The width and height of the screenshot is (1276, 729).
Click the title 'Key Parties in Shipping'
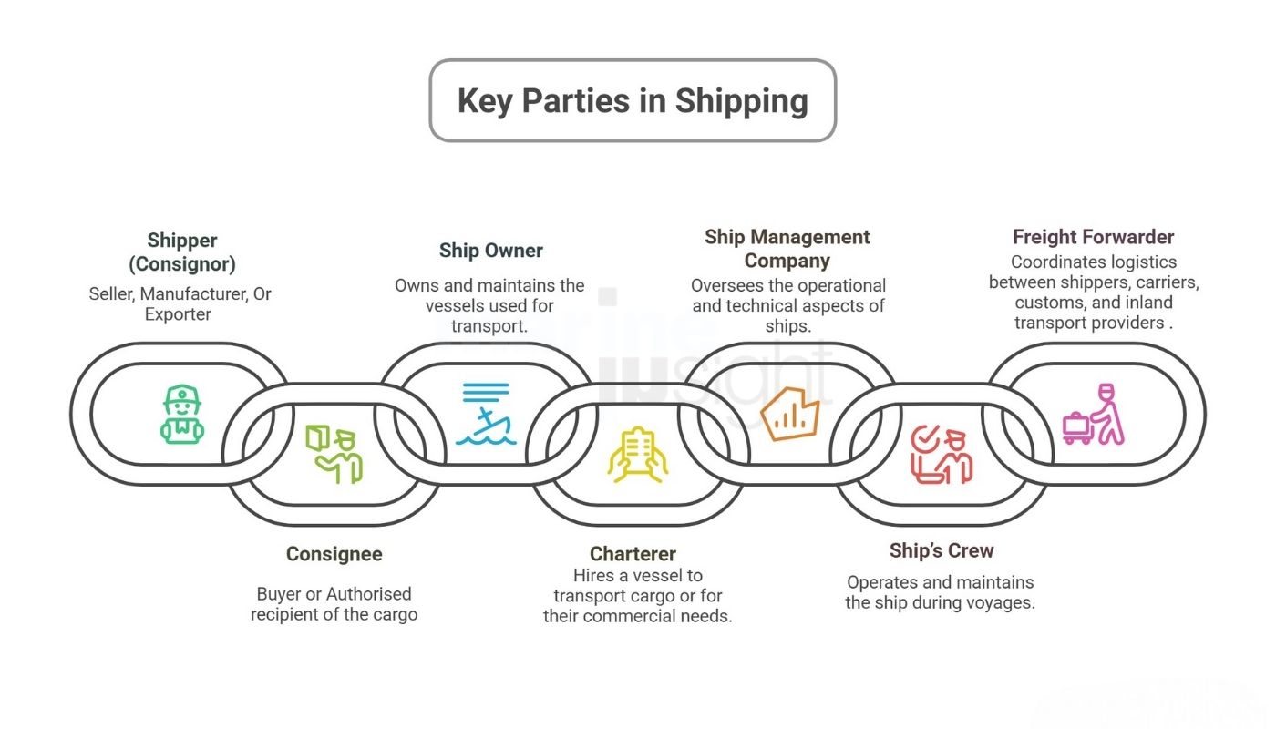[x=633, y=100]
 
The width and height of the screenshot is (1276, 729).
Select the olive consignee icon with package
[x=333, y=453]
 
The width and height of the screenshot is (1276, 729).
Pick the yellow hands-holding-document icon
[x=637, y=454]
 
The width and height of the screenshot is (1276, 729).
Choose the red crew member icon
[x=942, y=454]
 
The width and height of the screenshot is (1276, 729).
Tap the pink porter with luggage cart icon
[x=1094, y=415]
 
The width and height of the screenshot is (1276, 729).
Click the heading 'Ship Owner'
[x=490, y=251]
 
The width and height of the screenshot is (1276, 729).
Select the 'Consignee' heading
[x=334, y=554]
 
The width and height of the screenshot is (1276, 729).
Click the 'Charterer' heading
[x=633, y=554]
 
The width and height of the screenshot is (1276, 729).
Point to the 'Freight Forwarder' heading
[x=1093, y=237]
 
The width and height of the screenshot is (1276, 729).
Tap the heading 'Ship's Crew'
[x=941, y=550]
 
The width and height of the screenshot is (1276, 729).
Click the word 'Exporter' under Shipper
[x=178, y=314]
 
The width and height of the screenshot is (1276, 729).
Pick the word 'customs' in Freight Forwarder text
[x=1046, y=302]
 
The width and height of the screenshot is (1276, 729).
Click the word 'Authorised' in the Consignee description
[x=369, y=594]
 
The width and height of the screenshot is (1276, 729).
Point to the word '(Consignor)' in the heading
[x=182, y=264]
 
